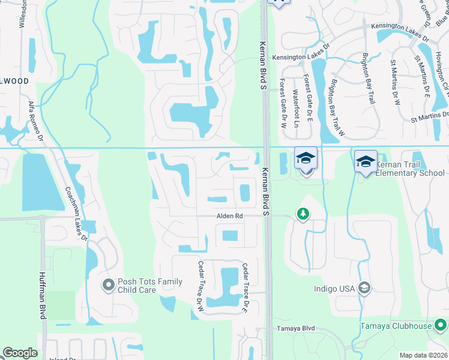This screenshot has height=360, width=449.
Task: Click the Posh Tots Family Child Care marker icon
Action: click(x=109, y=284)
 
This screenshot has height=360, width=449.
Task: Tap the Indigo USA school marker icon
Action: click(x=364, y=288)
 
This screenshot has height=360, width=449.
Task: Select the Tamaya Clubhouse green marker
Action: click(x=441, y=326)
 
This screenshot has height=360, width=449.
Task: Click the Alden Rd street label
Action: click(x=230, y=216)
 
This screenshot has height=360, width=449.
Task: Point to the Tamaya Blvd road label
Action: click(x=295, y=329)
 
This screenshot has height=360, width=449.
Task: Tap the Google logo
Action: click(x=20, y=353)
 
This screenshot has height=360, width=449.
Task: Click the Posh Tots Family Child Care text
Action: click(x=149, y=286)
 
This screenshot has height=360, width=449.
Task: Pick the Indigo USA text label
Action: click(x=334, y=289)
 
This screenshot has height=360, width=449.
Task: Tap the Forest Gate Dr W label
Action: click(x=283, y=105)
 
